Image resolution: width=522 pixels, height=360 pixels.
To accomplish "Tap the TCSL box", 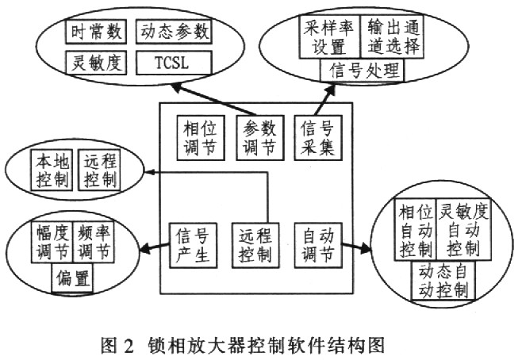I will tap(175, 62).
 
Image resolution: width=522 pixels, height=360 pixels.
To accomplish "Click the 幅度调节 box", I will tap(52, 243).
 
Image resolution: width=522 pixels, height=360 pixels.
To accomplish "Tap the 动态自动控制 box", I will tap(441, 281).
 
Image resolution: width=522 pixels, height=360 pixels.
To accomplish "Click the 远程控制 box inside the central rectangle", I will tap(252, 246).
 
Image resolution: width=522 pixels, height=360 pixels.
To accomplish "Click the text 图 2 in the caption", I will tap(118, 346).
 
